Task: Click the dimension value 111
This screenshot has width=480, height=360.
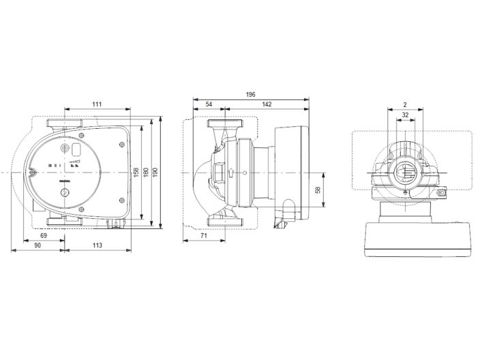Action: point(96,104)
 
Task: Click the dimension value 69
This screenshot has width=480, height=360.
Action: point(44,235)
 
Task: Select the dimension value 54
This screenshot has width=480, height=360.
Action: point(208,104)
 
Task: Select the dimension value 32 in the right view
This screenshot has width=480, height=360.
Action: point(405,115)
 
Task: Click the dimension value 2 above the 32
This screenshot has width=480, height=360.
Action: point(405,105)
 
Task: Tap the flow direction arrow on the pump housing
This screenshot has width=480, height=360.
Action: point(231,172)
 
